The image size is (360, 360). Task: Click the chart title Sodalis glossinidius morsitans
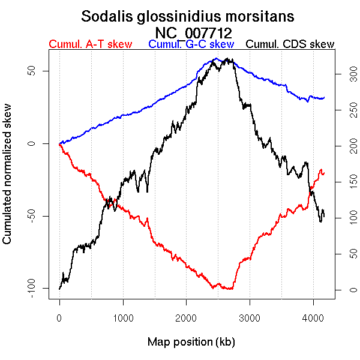click(188, 16)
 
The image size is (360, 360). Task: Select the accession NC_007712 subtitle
click(193, 32)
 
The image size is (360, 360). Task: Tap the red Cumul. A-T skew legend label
click(90, 44)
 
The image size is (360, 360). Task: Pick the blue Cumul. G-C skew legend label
click(191, 44)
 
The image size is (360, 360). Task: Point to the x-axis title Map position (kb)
click(191, 342)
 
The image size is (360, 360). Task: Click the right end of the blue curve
click(324, 97)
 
